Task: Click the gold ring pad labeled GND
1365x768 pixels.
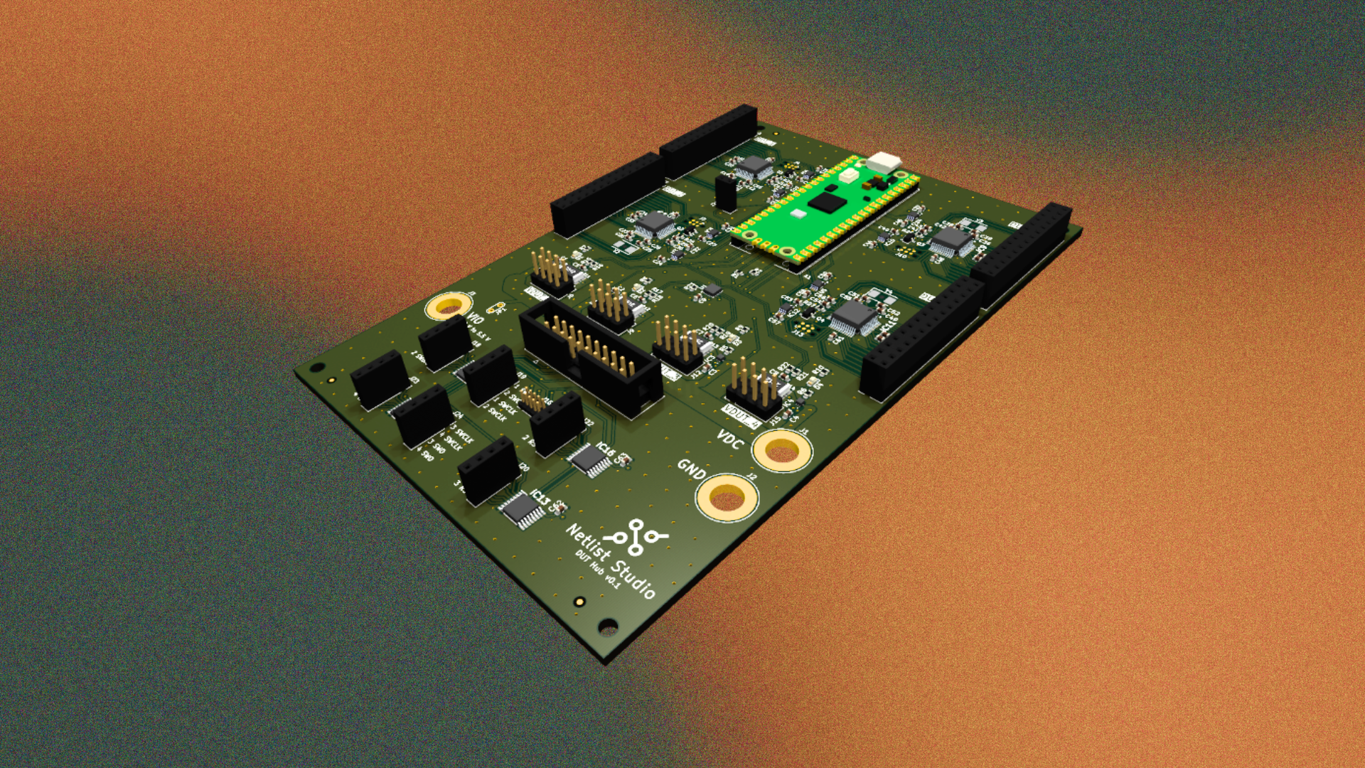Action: click(x=726, y=497)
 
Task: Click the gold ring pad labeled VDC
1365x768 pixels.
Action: click(x=782, y=451)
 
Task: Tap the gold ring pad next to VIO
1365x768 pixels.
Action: click(x=449, y=306)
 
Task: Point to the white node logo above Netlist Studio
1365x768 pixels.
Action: click(x=636, y=537)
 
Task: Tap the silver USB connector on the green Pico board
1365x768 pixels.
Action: click(x=884, y=162)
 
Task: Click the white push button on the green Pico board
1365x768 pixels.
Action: click(x=848, y=175)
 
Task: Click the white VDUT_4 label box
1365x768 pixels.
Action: click(x=742, y=415)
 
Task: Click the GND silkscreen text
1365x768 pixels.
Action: click(x=691, y=469)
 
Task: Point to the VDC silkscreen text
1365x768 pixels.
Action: click(x=730, y=439)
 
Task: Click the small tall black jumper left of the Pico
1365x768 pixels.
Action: click(x=725, y=193)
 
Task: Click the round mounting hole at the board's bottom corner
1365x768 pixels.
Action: click(x=608, y=626)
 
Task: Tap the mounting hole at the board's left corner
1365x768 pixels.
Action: click(x=317, y=368)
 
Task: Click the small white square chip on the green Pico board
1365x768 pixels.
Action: click(x=798, y=213)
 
